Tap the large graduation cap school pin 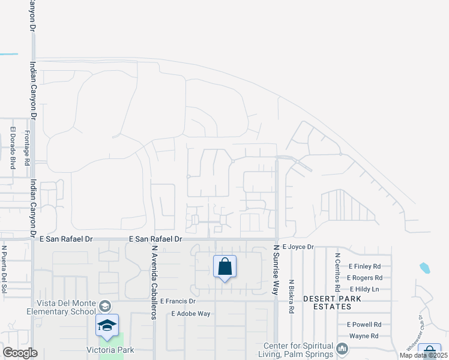107,325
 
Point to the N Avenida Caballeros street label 154,283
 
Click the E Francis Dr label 178,301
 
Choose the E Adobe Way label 191,313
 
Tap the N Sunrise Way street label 277,269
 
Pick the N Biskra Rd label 291,296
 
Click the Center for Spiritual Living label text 299,349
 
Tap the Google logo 20,353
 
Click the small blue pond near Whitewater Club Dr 425,268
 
